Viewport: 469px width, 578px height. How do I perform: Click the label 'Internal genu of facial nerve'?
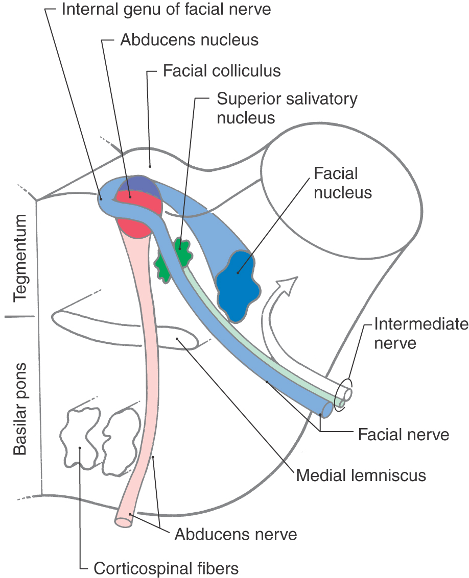click(166, 9)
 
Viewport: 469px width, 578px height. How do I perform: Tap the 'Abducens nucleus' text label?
click(189, 40)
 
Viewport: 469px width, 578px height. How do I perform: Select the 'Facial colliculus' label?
click(222, 70)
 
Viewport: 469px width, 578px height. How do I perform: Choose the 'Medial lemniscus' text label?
click(361, 475)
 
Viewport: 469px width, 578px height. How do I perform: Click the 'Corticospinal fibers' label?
click(166, 567)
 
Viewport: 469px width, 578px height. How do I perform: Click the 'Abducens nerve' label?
click(236, 535)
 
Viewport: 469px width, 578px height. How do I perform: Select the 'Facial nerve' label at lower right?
click(404, 435)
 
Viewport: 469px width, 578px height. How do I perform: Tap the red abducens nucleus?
click(134, 214)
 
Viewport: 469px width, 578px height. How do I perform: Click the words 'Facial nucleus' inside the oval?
click(342, 183)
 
